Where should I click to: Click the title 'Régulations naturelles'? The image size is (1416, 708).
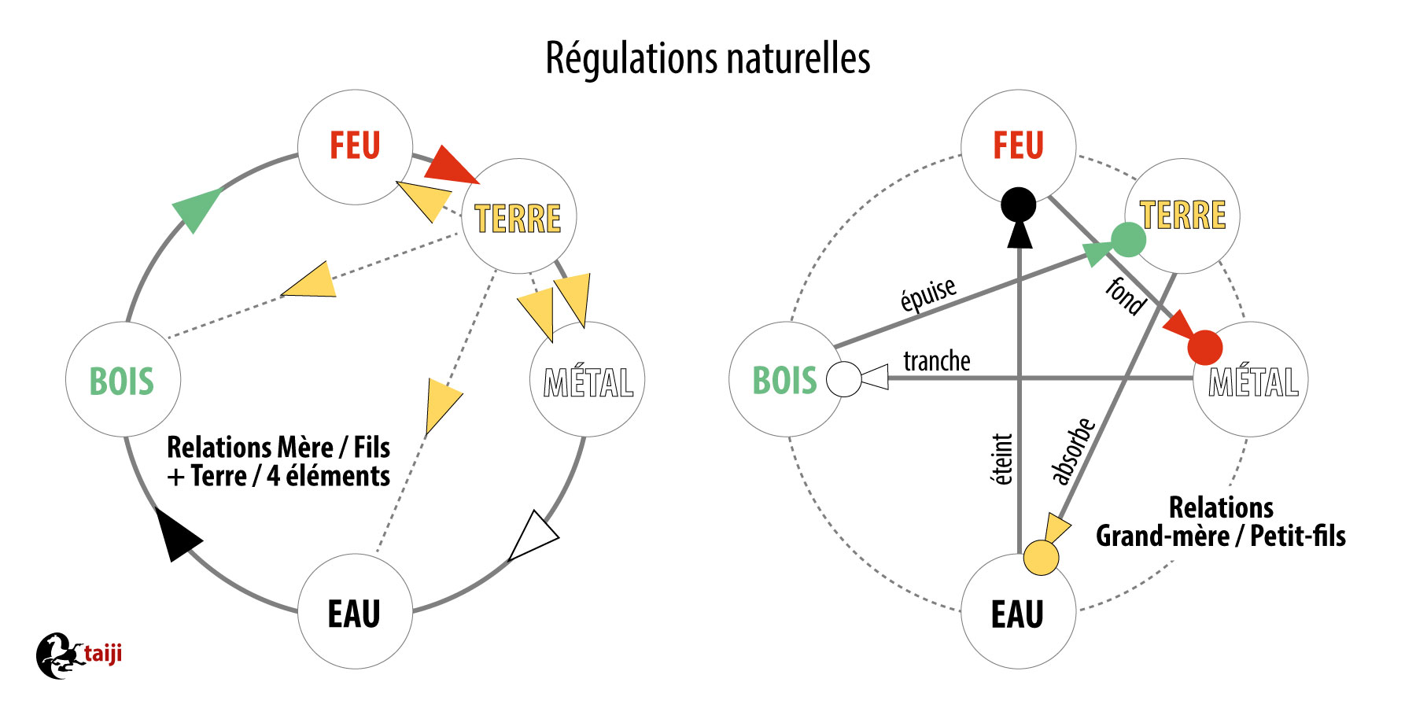(x=708, y=59)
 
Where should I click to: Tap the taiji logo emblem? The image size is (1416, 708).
(x=59, y=655)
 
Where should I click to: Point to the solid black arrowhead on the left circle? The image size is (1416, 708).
(x=178, y=535)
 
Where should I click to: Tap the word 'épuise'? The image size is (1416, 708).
(x=928, y=295)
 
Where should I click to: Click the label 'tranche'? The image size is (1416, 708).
(x=936, y=361)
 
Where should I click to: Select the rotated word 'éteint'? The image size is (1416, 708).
(x=1002, y=459)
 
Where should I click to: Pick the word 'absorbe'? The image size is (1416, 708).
(x=1073, y=451)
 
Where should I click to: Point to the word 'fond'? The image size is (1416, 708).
(x=1126, y=297)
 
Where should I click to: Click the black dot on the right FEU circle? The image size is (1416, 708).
(x=1019, y=205)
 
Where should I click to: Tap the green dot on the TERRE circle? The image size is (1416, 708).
(x=1128, y=239)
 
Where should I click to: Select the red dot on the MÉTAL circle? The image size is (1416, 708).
(x=1205, y=348)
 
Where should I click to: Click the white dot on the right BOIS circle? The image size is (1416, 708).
(x=845, y=379)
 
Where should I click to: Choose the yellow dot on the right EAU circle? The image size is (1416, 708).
(x=1041, y=558)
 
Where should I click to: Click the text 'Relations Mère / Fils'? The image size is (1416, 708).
(x=278, y=448)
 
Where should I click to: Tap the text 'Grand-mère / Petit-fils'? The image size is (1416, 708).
(x=1220, y=537)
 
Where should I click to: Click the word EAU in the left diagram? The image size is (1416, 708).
(x=354, y=614)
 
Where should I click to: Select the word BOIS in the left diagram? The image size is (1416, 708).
(x=121, y=382)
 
